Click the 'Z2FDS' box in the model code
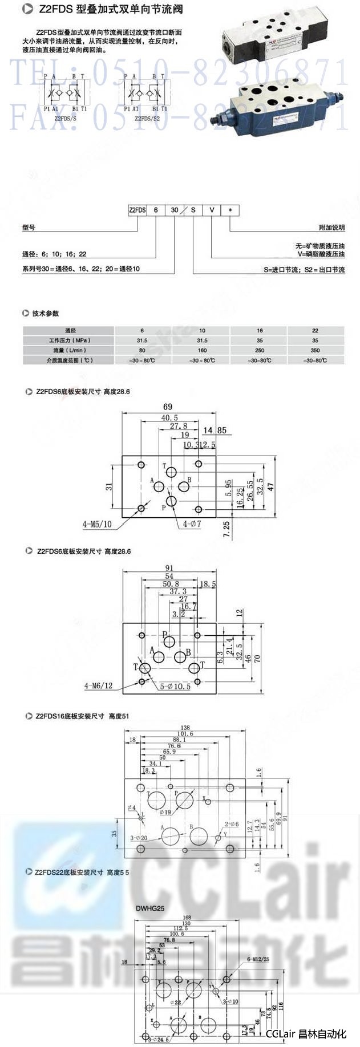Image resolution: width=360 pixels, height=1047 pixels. pos(137,210)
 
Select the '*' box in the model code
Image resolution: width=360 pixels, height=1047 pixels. pos(230,210)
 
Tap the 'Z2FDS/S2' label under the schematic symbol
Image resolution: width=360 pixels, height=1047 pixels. pos(147,119)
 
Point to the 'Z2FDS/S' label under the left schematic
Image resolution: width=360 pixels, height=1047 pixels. pos(65,119)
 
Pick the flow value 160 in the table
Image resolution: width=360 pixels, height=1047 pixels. pos(202,350)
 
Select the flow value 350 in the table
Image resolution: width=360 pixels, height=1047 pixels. pos(315,350)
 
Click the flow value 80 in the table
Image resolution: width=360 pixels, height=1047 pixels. pos(142,350)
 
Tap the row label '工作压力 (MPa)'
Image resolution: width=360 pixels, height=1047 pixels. pos(70,340)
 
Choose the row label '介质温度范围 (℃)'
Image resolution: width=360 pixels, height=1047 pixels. pos(70,360)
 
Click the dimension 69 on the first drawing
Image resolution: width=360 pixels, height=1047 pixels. pos(168,407)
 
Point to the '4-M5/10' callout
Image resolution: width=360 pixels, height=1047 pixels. pos(97,523)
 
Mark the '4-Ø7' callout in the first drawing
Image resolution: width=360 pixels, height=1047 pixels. pos(192,523)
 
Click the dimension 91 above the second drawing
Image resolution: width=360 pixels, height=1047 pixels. pos(170,568)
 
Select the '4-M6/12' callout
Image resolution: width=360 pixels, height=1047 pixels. pos(99,685)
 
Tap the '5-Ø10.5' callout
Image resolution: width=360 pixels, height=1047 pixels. pos(175,686)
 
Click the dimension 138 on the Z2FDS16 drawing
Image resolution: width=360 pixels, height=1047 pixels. pos(185,728)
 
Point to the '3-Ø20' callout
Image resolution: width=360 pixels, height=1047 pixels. pos(139,837)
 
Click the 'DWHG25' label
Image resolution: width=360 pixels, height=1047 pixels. pos(150,908)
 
